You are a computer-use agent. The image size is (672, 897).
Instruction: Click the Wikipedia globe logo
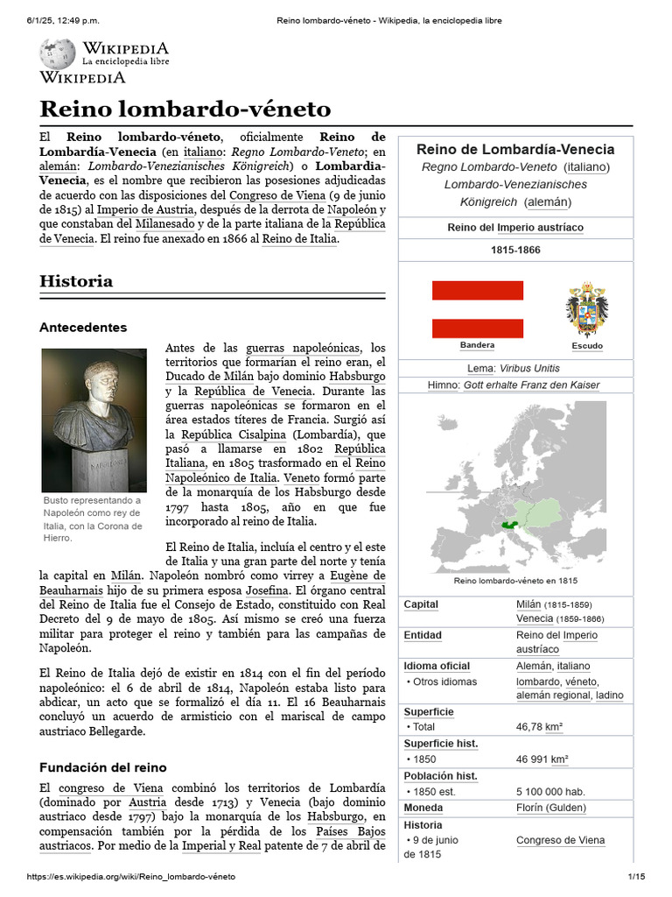point(58,54)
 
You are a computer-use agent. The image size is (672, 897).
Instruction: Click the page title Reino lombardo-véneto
point(185,109)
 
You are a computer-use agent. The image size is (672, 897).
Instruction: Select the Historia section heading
point(76,281)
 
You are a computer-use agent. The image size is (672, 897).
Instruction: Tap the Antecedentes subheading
point(83,327)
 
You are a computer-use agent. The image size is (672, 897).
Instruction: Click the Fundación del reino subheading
point(102,766)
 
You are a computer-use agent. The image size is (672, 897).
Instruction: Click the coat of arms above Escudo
point(586,310)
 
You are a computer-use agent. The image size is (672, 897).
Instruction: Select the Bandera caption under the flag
point(477,345)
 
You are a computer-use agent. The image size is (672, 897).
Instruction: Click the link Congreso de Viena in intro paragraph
point(278,194)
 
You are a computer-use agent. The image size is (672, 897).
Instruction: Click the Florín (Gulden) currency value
point(550,808)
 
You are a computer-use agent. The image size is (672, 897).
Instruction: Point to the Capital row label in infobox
point(421,604)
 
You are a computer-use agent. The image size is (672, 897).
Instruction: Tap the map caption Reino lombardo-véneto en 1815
point(514,581)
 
